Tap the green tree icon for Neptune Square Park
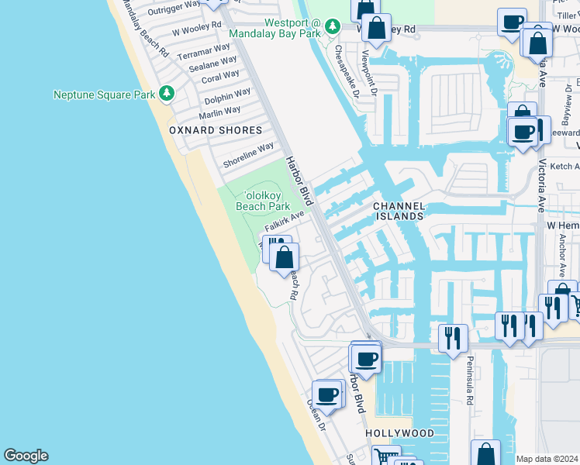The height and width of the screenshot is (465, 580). pyautogui.click(x=166, y=94)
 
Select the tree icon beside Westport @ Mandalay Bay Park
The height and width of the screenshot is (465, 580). pyautogui.click(x=333, y=27)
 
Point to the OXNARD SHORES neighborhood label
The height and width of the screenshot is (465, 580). pyautogui.click(x=216, y=130)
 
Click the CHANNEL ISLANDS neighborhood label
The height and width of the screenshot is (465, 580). pyautogui.click(x=399, y=211)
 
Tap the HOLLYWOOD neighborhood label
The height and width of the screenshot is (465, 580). pyautogui.click(x=399, y=432)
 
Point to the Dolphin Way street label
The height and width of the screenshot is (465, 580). pyautogui.click(x=227, y=97)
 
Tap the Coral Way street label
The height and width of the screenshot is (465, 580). pyautogui.click(x=220, y=77)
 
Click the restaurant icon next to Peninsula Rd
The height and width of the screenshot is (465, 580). pyautogui.click(x=453, y=338)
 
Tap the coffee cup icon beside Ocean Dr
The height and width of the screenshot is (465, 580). pyautogui.click(x=327, y=394)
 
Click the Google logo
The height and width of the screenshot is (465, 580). pyautogui.click(x=26, y=456)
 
